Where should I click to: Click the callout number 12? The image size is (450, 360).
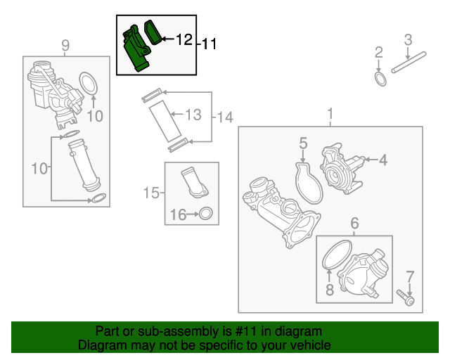point(184,39)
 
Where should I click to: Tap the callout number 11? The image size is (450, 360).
point(210,44)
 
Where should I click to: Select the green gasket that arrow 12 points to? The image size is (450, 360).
point(153,32)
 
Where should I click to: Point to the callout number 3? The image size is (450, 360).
point(408,40)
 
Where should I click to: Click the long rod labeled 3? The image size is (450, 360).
point(409,62)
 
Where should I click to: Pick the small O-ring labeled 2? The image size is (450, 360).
point(380,79)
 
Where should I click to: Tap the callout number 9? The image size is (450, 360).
point(65,45)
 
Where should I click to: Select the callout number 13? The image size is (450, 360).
point(193,115)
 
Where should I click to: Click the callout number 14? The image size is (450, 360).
point(225,117)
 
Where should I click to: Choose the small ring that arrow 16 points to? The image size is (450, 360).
point(206,214)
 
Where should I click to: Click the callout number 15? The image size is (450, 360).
point(151,193)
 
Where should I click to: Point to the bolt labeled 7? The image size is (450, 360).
point(406,297)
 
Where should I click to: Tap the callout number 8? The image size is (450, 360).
point(330,290)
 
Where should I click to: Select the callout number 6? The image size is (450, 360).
point(354,223)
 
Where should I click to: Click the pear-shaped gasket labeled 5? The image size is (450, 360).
point(309,184)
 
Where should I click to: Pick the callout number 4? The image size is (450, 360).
point(383,160)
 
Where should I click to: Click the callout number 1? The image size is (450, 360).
point(330,114)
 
